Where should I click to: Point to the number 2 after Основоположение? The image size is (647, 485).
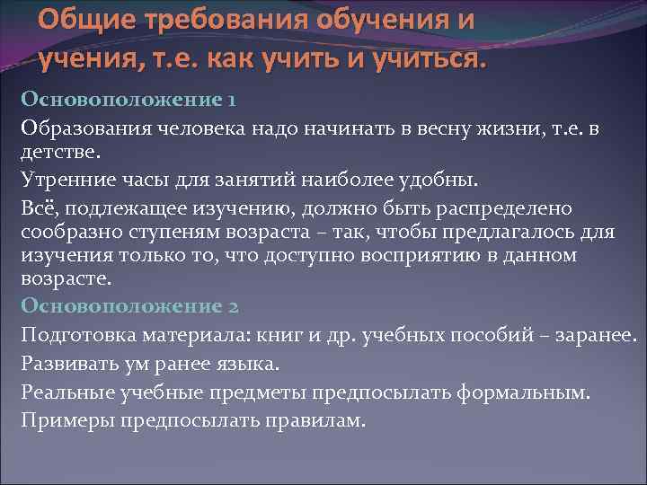[x=233, y=305]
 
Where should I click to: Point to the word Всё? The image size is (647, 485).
[x=37, y=209]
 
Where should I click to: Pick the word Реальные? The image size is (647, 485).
[x=62, y=393]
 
